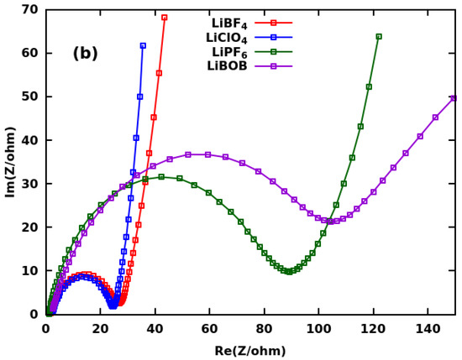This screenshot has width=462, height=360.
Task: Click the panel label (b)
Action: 86,54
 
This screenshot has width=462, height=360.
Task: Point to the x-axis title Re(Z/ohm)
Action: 250,351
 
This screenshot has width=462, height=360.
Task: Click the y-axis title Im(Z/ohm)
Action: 11,161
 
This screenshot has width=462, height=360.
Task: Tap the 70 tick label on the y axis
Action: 30,9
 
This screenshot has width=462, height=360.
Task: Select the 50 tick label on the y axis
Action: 30,97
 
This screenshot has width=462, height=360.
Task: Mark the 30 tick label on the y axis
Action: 30,184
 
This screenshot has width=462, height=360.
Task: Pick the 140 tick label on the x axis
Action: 427,330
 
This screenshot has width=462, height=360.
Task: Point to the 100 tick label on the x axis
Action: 318,330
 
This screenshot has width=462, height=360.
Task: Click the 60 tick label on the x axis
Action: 209,330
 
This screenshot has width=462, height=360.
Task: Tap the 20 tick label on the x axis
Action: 100,330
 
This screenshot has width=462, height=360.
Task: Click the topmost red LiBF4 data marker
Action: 165,18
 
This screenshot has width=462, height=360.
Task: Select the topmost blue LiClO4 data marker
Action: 143,45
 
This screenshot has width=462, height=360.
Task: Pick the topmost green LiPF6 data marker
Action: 379,37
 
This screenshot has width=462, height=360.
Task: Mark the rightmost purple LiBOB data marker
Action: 454,98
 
